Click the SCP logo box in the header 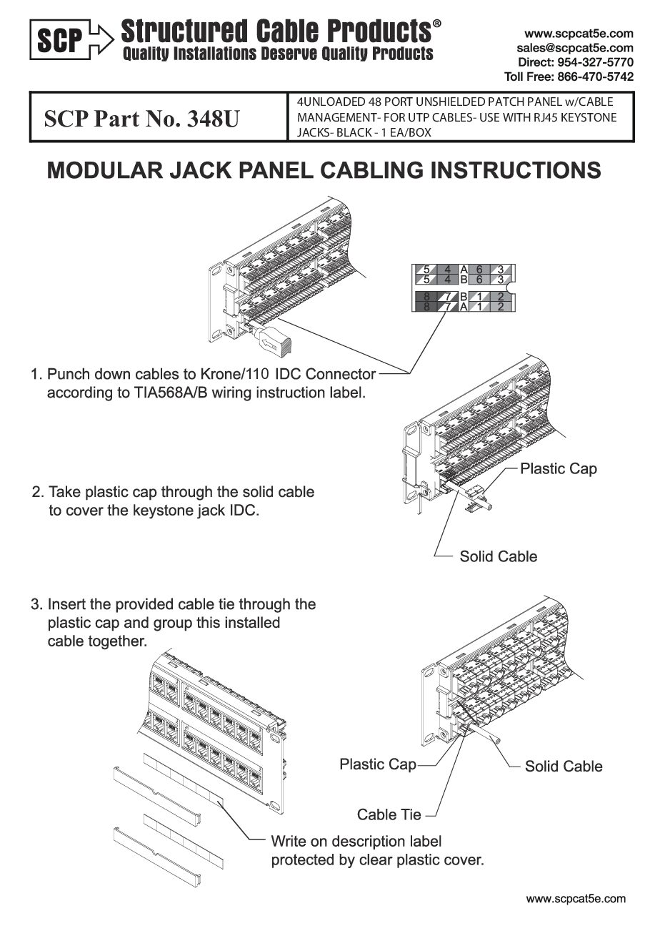[61, 39]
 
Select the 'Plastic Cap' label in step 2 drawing [558, 469]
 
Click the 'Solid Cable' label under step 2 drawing [498, 556]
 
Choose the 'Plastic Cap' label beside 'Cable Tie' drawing [377, 764]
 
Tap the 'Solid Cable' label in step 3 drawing [564, 767]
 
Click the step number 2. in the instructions [38, 493]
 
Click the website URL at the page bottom [576, 899]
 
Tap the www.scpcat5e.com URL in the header [579, 34]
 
